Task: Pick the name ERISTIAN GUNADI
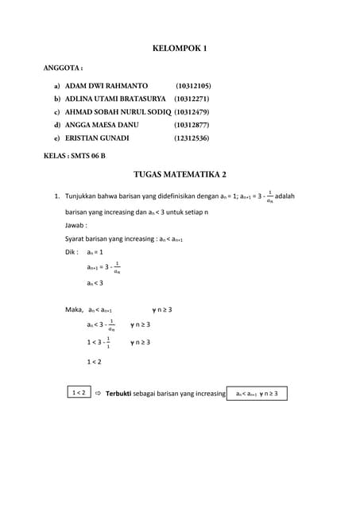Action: (97, 138)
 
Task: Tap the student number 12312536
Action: (192, 138)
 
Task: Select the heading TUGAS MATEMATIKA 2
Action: (179, 173)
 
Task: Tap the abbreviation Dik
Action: (71, 251)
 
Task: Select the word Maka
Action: (74, 309)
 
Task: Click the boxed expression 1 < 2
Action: (79, 393)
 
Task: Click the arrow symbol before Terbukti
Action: (98, 394)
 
